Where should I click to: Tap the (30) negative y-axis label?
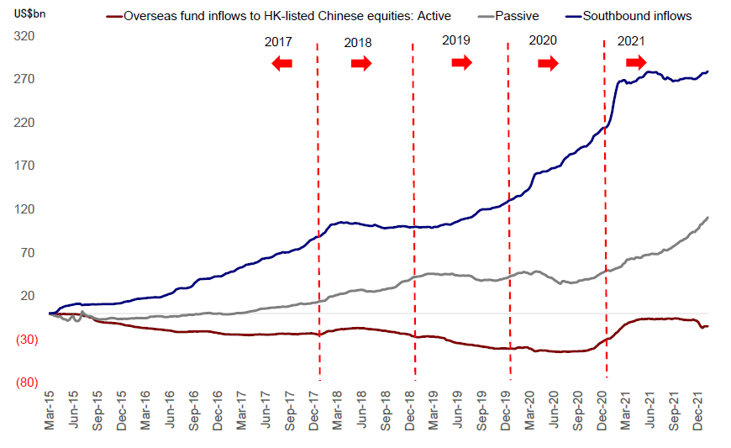[26, 340]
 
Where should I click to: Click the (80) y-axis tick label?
[26, 382]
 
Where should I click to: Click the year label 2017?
[278, 42]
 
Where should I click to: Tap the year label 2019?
[456, 41]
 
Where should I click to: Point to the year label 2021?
[631, 41]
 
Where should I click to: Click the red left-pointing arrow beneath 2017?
[281, 63]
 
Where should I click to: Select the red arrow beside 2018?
[361, 63]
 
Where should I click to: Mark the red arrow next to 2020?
[548, 63]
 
